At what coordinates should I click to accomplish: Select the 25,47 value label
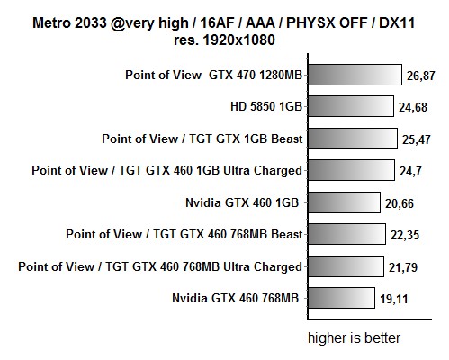[x=416, y=139]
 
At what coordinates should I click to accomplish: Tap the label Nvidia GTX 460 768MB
[x=237, y=298]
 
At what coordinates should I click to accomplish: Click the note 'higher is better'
[x=354, y=338]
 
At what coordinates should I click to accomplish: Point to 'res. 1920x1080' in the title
[x=225, y=40]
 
